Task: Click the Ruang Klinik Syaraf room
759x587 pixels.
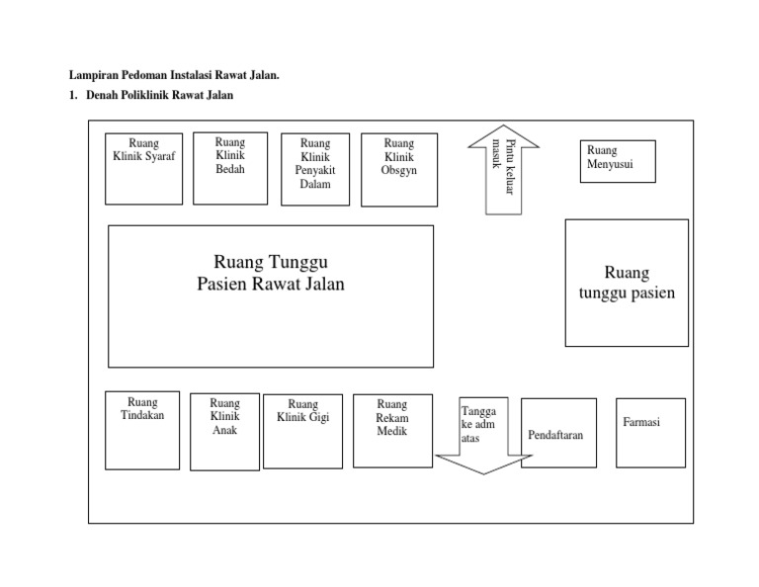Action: [x=143, y=169]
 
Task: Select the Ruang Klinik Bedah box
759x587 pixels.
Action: [x=229, y=168]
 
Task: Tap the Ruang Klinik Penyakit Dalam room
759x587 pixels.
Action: [x=315, y=170]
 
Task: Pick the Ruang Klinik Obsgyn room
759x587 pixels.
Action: [x=398, y=170]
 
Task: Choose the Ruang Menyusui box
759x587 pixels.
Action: [x=618, y=161]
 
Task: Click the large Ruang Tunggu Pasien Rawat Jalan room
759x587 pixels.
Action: [x=270, y=295]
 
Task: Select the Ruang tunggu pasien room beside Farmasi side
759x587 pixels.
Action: [x=627, y=283]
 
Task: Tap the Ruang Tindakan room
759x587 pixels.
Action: [x=142, y=430]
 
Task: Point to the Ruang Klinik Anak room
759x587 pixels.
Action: [x=224, y=432]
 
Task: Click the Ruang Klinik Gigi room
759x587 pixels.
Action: [x=302, y=431]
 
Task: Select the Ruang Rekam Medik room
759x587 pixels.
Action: [x=392, y=431]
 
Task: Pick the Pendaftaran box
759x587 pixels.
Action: [x=558, y=433]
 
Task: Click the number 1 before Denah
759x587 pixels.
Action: [x=72, y=96]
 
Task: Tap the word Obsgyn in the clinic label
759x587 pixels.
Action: [x=398, y=170]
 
